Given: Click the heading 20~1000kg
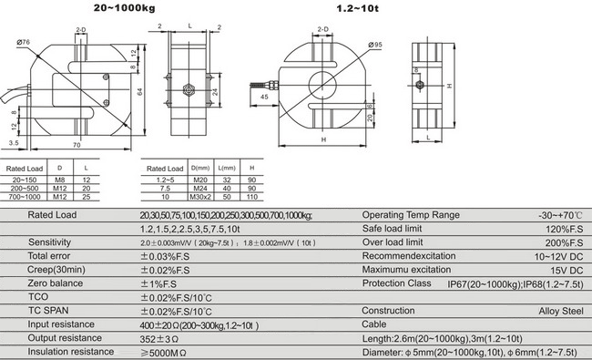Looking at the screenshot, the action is (x=124, y=8).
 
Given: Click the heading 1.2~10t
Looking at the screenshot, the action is (x=357, y=8).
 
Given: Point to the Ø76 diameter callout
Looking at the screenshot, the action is (x=23, y=42).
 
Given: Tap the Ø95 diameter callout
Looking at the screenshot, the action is (x=375, y=45).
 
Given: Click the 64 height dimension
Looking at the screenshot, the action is (x=139, y=92).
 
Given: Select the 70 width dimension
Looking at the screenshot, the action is (x=77, y=145).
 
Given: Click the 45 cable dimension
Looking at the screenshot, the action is (x=264, y=97).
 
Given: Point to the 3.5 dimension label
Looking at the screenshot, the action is (x=14, y=143).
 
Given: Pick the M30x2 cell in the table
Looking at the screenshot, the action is (x=200, y=197).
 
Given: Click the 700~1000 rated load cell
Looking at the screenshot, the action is (x=25, y=197).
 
